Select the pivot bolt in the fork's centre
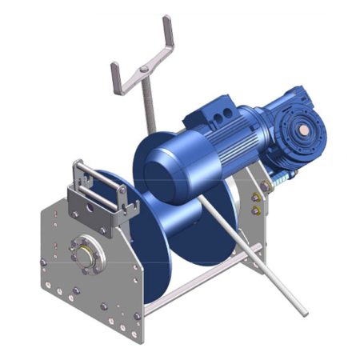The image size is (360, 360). (143, 70)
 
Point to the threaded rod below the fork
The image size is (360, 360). (147, 104)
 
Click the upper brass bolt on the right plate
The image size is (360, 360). (256, 197)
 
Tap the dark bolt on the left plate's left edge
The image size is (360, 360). (42, 262)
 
